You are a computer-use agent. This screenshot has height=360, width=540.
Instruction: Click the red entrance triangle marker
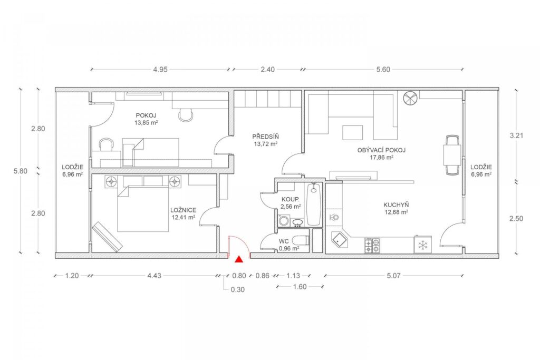[x=238, y=259]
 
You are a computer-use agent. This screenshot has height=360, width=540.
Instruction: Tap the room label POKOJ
[x=146, y=115]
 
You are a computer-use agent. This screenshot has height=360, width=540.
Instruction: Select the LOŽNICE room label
[x=183, y=210]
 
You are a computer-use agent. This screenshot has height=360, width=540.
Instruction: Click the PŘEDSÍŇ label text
[x=266, y=137]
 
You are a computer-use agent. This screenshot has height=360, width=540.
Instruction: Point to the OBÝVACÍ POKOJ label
[x=381, y=150]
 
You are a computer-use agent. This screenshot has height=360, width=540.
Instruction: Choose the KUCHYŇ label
[x=396, y=205]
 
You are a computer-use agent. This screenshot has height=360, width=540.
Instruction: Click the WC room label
[x=284, y=241]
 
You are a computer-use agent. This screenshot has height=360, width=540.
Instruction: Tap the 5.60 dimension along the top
[x=383, y=70]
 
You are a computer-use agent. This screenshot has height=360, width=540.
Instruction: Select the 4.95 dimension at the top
[x=160, y=70]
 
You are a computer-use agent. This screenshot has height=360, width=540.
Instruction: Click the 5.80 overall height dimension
[x=21, y=171]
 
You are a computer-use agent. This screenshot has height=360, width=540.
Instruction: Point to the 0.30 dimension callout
[x=238, y=290]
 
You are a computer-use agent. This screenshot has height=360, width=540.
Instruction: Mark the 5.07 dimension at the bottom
[x=393, y=276]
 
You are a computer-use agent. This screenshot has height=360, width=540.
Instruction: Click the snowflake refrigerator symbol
[x=422, y=245]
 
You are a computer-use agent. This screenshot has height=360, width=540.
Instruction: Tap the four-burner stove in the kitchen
[x=372, y=246]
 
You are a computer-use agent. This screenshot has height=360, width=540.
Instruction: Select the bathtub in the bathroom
[x=313, y=204]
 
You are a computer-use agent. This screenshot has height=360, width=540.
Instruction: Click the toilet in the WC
[x=300, y=240]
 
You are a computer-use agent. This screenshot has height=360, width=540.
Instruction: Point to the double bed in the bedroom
[x=143, y=208]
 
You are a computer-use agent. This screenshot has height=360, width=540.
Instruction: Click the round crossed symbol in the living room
[x=410, y=98]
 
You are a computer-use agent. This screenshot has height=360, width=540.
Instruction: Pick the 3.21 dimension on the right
[x=516, y=135]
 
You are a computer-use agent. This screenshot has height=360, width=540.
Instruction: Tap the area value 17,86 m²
[x=381, y=157]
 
